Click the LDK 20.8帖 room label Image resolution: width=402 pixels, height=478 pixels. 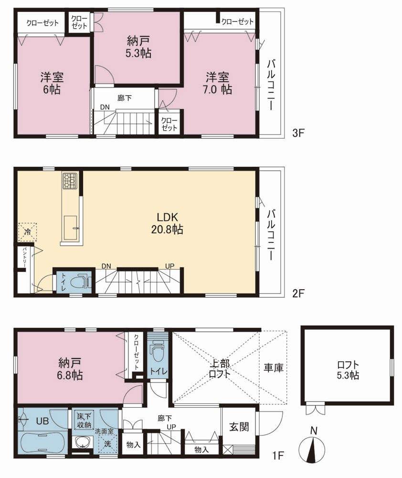point(167,223)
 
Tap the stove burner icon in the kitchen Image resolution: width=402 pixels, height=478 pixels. point(70,180)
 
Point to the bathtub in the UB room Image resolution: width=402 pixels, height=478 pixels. point(42,443)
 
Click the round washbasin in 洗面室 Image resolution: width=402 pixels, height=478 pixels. point(83,443)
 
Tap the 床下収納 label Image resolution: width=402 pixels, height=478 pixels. point(85,420)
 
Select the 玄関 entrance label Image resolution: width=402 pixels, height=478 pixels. point(239,427)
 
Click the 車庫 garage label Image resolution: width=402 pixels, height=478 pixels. point(274,368)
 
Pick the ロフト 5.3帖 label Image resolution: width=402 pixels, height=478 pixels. point(348,370)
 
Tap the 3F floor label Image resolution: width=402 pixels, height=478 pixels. point(298,133)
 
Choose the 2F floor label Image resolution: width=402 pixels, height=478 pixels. point(298,293)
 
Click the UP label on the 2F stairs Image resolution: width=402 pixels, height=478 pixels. point(169,266)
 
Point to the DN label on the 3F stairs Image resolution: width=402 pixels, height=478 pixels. point(105,107)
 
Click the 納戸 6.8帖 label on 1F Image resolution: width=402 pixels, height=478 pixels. point(70,369)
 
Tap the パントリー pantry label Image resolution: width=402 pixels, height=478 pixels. point(24,257)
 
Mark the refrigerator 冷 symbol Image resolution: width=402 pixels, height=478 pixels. point(27,232)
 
